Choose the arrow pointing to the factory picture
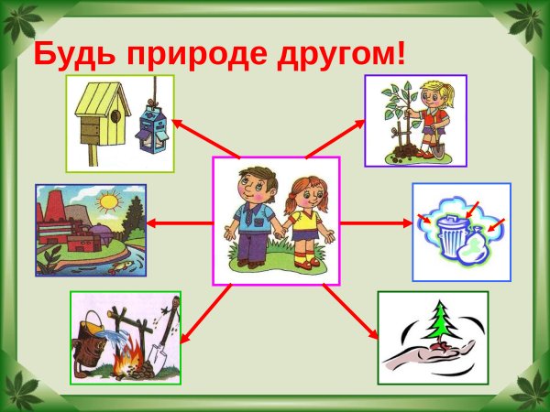pos(178,222)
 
